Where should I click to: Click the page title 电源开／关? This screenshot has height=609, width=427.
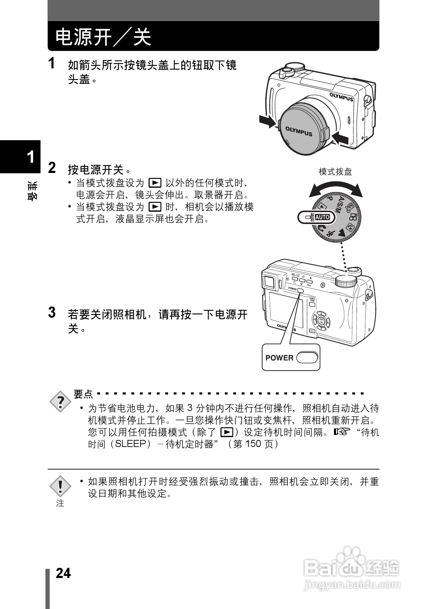[x=103, y=37]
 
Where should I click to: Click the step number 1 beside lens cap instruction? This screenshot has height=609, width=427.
[x=51, y=64]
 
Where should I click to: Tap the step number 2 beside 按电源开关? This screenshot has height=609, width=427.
[x=52, y=168]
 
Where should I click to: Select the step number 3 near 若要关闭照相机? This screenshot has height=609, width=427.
[x=52, y=312]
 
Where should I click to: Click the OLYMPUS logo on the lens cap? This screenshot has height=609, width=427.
[x=298, y=131]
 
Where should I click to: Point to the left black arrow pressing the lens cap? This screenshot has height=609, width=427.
[x=267, y=121]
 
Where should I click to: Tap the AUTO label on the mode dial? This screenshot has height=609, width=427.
[x=322, y=217]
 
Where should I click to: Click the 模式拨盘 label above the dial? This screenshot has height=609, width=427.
[x=335, y=172]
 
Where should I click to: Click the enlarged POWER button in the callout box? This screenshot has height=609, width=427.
[x=307, y=358]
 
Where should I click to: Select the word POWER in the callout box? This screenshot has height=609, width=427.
[x=279, y=358]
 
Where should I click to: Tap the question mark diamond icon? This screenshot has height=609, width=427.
[x=61, y=401]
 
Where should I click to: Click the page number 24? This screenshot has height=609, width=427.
[x=63, y=573]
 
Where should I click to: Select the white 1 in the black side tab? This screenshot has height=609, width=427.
[x=31, y=157]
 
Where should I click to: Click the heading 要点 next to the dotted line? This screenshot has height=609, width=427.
[x=83, y=394]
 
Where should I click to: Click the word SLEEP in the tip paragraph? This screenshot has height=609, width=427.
[x=130, y=444]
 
